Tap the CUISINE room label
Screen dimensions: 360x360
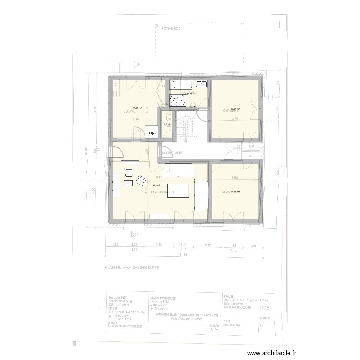130,111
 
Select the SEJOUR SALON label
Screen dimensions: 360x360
162,192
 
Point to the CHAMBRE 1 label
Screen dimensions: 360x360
231,111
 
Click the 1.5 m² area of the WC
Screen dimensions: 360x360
167,124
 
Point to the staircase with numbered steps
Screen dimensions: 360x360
190,126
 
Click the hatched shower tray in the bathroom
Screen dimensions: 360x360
179,101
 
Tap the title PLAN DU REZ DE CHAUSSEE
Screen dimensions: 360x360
132,270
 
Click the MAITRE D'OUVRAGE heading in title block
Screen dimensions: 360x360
163,298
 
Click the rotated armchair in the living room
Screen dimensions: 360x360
141,180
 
